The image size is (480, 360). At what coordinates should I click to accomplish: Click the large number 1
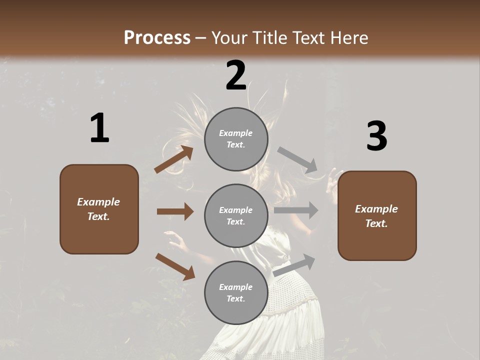[99, 128]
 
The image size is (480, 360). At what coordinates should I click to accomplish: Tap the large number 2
[236, 75]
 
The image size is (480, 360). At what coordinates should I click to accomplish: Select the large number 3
[376, 136]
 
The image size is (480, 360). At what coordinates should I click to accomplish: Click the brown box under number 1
[99, 209]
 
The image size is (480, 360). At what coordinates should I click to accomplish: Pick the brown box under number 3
[377, 215]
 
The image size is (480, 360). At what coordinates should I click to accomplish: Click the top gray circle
[236, 139]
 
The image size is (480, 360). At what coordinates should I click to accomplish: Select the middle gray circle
[236, 215]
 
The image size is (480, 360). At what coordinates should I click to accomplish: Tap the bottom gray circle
[236, 292]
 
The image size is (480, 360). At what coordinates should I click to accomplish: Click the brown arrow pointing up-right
[174, 159]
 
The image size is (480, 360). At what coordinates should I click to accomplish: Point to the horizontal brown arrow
[175, 211]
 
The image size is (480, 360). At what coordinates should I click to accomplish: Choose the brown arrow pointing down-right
[175, 266]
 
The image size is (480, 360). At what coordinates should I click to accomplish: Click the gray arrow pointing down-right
[298, 160]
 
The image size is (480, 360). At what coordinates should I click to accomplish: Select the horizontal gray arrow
[296, 210]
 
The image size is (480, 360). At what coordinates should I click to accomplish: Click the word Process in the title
[157, 37]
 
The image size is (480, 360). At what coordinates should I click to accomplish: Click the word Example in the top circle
[236, 133]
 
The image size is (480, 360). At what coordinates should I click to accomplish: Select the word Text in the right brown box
[376, 223]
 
